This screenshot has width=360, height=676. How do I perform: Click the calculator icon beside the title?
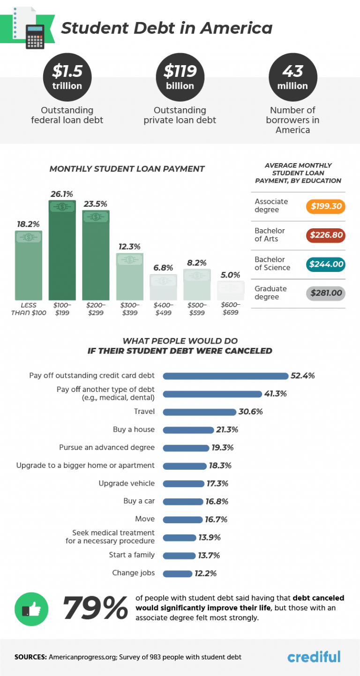(35, 36)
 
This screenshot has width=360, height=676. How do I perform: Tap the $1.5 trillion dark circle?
(67, 77)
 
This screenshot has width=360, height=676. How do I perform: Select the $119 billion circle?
(180, 77)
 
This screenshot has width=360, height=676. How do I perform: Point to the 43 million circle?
(292, 77)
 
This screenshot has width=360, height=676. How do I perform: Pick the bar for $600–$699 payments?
(231, 291)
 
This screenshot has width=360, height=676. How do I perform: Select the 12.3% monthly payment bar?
(130, 277)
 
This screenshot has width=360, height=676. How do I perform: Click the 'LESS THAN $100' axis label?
(29, 309)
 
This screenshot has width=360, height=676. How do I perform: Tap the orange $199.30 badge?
(325, 206)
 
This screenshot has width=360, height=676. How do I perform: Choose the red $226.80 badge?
(325, 235)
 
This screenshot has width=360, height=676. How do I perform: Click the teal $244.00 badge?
(325, 264)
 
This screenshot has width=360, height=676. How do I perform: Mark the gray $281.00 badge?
(325, 293)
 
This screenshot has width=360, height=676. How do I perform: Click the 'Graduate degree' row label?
(271, 293)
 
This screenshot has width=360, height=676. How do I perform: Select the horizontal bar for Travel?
(199, 412)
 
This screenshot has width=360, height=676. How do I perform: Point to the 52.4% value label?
(302, 376)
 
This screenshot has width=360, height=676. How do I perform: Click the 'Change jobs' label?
(133, 573)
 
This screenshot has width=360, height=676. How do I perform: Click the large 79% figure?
(95, 608)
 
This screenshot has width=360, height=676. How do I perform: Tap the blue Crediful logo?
(314, 656)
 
